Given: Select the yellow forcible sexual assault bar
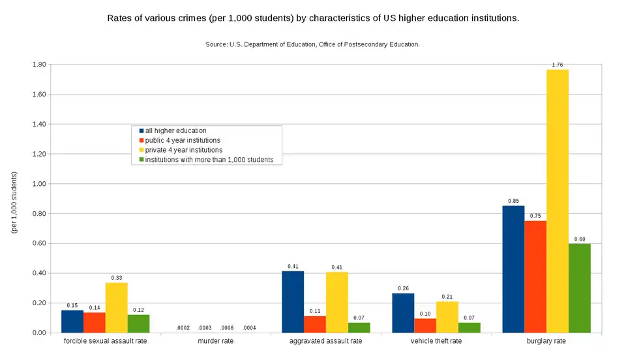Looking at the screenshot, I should (117, 307).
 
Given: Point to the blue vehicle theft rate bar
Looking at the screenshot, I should (403, 313).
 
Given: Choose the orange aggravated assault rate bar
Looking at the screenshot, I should (315, 324).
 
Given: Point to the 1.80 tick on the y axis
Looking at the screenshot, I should (38, 65).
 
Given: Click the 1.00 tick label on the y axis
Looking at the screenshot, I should (38, 184).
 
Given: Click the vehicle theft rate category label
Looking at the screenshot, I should (436, 341).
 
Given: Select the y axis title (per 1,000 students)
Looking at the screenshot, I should (14, 202).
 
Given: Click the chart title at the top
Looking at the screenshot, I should (313, 18).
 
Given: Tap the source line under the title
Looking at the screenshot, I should (312, 44).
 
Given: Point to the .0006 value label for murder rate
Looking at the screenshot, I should (227, 327).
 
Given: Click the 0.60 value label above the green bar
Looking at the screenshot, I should (580, 239).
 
